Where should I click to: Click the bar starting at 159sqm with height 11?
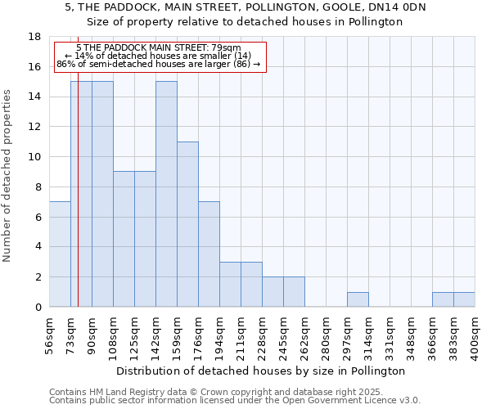[x=187, y=224]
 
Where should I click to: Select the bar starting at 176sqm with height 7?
[x=209, y=254]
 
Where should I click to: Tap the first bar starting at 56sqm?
[x=60, y=254]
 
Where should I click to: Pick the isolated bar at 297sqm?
[x=358, y=299]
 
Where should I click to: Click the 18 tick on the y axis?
[x=34, y=37]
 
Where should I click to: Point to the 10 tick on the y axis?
[x=34, y=157]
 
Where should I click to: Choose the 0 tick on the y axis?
[x=38, y=308]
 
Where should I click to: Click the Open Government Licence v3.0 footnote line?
[x=235, y=400]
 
